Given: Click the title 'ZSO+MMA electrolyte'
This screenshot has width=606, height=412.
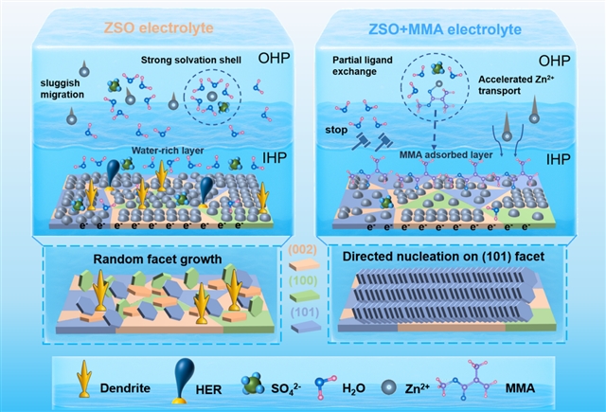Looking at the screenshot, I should pyautogui.click(x=453, y=29).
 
